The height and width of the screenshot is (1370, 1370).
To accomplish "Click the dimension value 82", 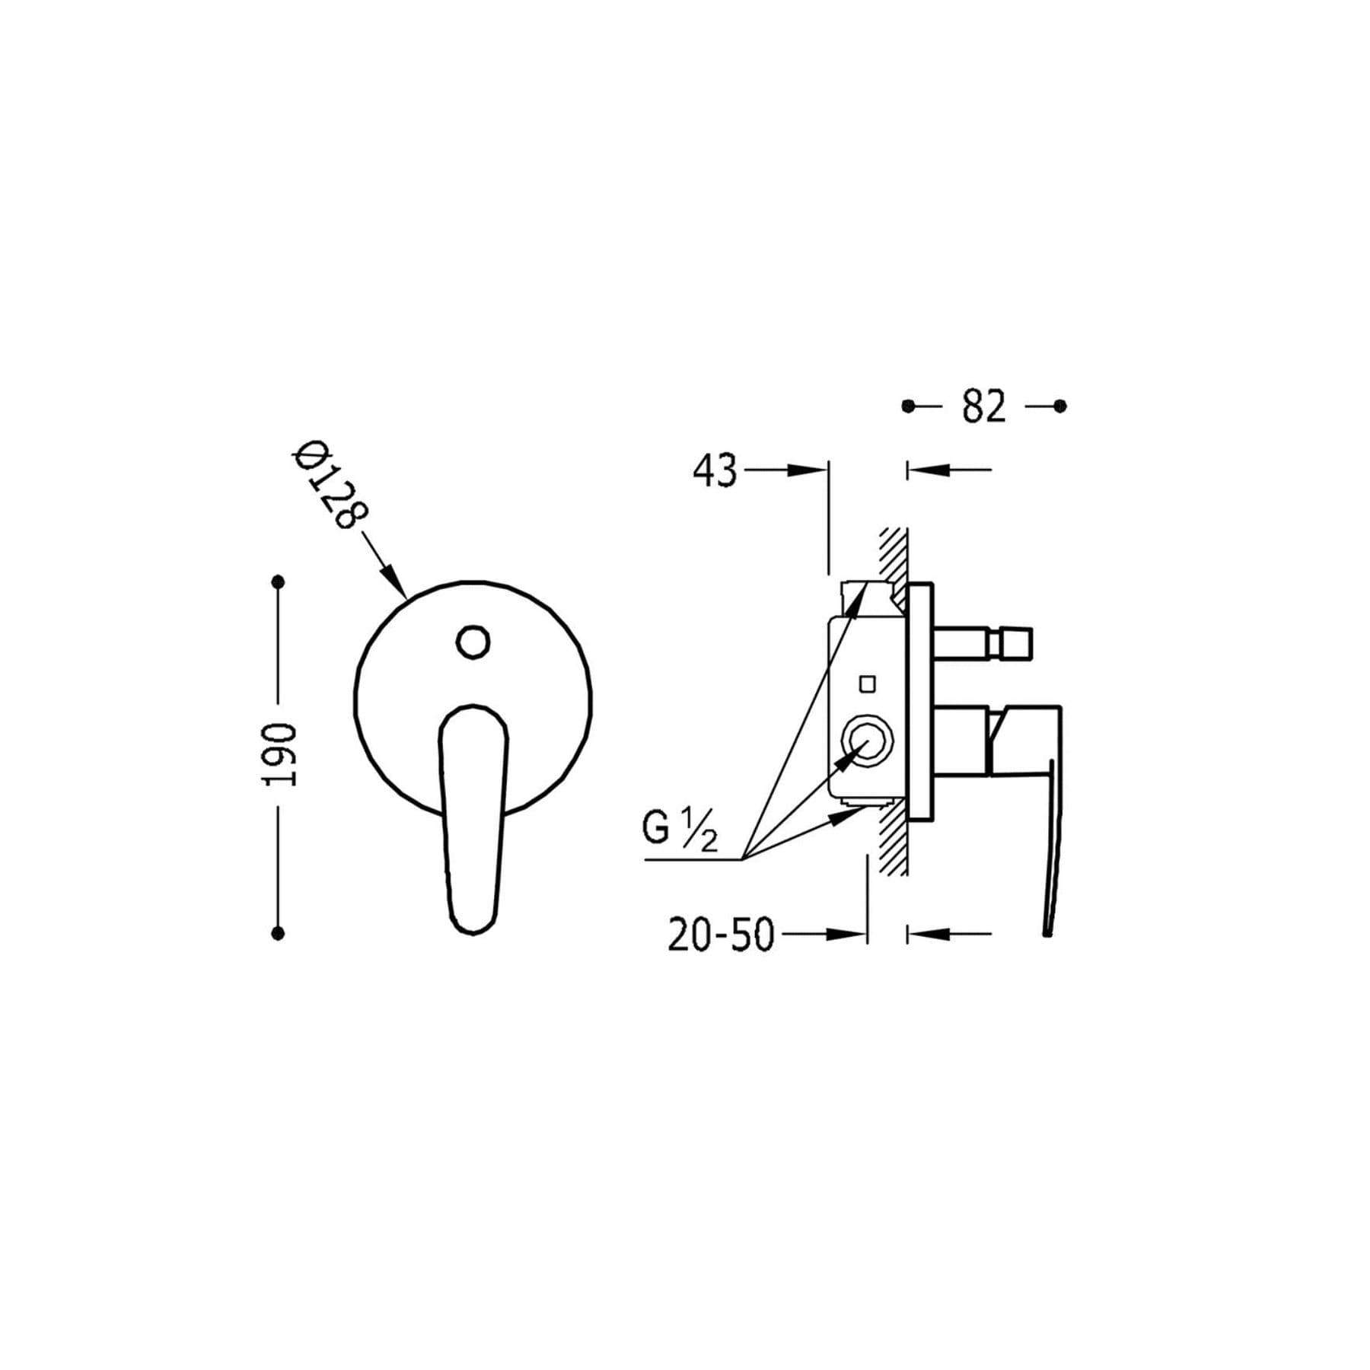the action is [x=984, y=406].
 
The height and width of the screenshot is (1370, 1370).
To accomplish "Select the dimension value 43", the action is [x=715, y=470].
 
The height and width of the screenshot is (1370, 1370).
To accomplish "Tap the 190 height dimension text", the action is [x=280, y=755].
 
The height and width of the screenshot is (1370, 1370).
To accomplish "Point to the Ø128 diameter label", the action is [x=330, y=485].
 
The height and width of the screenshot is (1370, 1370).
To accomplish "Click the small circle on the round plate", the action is [x=473, y=642].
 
